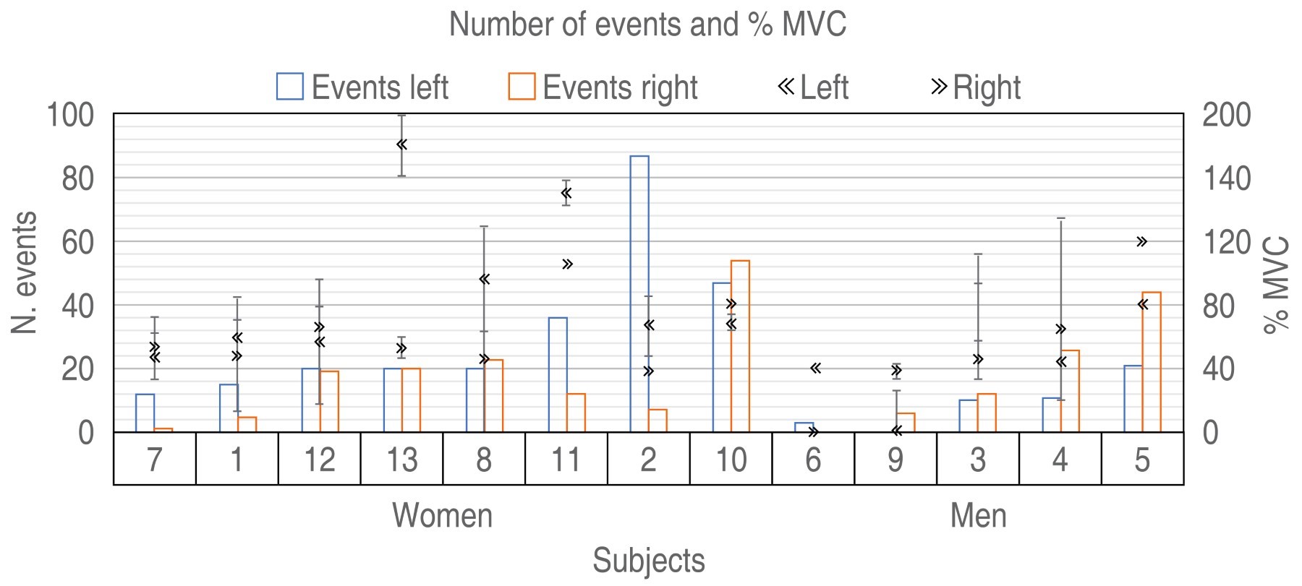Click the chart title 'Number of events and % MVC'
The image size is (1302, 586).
(x=647, y=25)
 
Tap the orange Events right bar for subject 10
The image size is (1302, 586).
(x=740, y=346)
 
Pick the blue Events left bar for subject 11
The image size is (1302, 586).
(x=558, y=375)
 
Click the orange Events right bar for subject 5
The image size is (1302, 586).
(x=1151, y=362)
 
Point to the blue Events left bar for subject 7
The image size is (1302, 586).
(x=145, y=413)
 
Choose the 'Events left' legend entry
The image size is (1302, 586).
(x=362, y=87)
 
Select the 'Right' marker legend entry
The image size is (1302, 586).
(x=976, y=87)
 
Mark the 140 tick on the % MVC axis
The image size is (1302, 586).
(x=1226, y=178)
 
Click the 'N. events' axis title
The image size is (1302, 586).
(x=25, y=272)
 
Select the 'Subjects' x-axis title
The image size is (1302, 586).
(x=649, y=561)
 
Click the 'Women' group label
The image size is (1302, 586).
(x=442, y=516)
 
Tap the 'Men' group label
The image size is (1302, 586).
(x=978, y=516)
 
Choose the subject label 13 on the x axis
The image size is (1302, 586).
(x=401, y=460)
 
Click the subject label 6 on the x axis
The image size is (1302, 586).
(x=813, y=460)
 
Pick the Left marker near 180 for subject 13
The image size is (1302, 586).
(x=401, y=145)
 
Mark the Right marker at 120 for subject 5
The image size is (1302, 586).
(x=1141, y=241)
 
